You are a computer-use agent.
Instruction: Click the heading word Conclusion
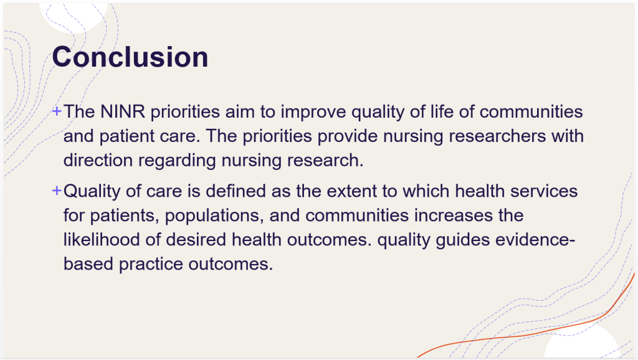[130, 57]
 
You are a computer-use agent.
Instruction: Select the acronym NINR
[123, 111]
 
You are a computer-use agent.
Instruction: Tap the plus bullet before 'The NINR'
[57, 111]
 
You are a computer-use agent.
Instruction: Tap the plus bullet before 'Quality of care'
[57, 191]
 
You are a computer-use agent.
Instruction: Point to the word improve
[313, 112]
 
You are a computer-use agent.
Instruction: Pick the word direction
[98, 160]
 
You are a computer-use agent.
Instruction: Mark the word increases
[454, 215]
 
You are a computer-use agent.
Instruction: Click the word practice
[151, 265]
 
